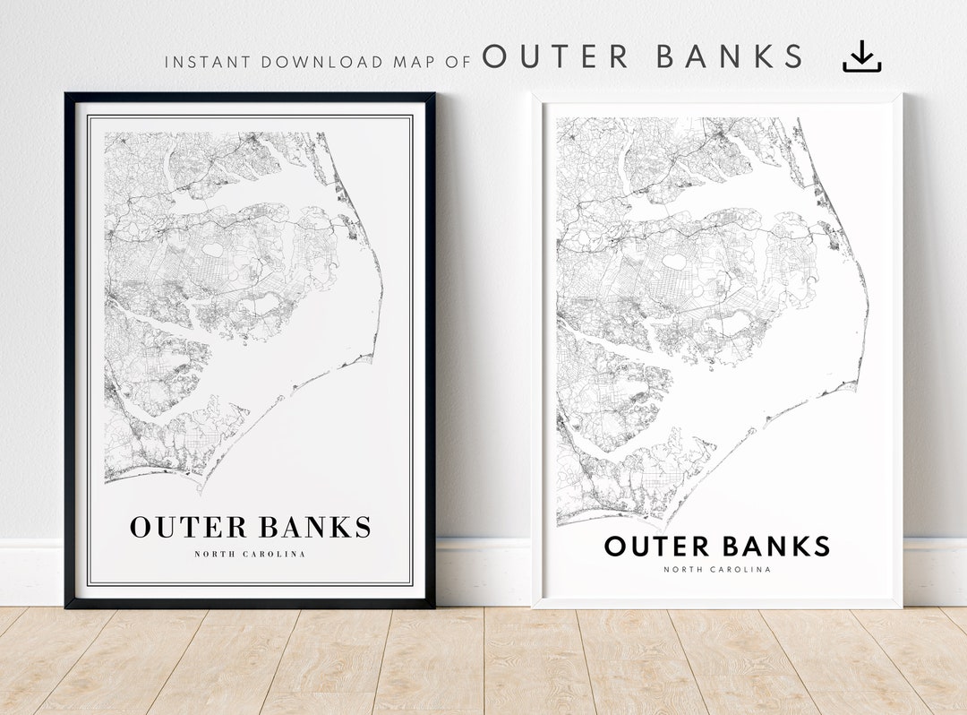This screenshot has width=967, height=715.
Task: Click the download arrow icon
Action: point(861,56)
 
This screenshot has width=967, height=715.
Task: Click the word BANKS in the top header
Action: point(730,57)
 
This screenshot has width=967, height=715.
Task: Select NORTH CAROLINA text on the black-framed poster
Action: point(250,555)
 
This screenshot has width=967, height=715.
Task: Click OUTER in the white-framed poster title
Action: point(658,546)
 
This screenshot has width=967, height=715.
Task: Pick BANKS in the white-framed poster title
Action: point(776,546)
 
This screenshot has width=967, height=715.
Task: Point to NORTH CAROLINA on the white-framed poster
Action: point(717,570)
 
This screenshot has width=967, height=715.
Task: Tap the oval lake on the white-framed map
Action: point(678,262)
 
